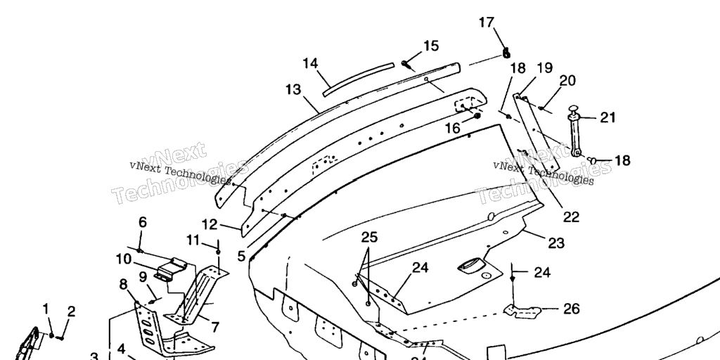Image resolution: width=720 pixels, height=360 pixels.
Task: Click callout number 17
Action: click(x=487, y=22)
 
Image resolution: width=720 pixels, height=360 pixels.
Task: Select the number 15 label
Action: click(x=431, y=46)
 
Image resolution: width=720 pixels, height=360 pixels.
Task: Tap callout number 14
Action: click(x=311, y=63)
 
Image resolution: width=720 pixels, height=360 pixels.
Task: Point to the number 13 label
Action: click(x=293, y=90)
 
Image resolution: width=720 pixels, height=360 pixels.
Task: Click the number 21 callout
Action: click(x=607, y=117)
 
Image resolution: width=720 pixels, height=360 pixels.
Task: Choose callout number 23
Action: click(x=556, y=244)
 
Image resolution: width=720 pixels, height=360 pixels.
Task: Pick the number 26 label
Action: click(x=572, y=308)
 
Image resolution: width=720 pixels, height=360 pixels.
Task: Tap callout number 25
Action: click(x=370, y=236)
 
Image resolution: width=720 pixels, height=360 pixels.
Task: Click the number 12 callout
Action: click(x=210, y=224)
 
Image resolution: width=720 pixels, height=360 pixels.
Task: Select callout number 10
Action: click(x=124, y=259)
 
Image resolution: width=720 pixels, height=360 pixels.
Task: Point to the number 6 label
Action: click(x=142, y=222)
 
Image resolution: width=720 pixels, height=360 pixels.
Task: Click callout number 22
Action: click(x=571, y=217)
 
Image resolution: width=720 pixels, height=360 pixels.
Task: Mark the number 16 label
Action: click(x=452, y=129)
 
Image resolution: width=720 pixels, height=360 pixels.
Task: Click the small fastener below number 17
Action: click(x=506, y=52)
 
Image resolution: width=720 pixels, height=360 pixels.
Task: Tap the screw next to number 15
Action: click(x=407, y=64)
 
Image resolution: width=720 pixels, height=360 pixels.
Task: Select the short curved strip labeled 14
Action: click(x=359, y=78)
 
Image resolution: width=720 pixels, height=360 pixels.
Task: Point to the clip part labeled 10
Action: click(x=173, y=271)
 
